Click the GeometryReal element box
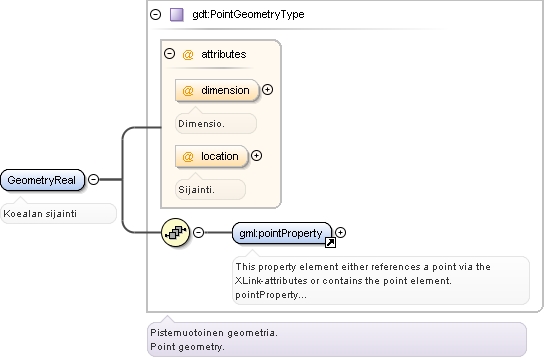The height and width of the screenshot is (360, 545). tap(42, 180)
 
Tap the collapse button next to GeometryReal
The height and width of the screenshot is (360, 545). tap(93, 179)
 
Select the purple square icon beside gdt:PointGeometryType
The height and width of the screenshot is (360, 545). tap(177, 15)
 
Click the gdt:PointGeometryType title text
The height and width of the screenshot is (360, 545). tap(248, 14)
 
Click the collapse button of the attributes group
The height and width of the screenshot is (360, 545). tap(169, 54)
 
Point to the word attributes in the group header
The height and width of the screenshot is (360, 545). tap(223, 54)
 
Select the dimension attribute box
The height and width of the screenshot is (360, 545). tap(217, 90)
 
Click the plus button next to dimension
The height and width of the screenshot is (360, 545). tap(267, 90)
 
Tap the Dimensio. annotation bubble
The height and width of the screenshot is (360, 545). tap(216, 123)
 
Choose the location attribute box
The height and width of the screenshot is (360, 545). tap(212, 156)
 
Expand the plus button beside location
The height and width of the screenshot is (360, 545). tap(257, 156)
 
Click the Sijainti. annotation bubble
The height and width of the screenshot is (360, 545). tap(210, 189)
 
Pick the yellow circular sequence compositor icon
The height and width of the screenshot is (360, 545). tap(176, 232)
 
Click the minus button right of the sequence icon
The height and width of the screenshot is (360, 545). tap(198, 232)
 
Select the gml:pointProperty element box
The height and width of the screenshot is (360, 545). tap(282, 233)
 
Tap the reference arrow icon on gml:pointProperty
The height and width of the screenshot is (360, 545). tap(330, 243)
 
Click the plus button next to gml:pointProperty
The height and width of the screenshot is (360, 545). tap(341, 232)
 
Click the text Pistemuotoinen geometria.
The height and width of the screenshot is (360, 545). tap(214, 333)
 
